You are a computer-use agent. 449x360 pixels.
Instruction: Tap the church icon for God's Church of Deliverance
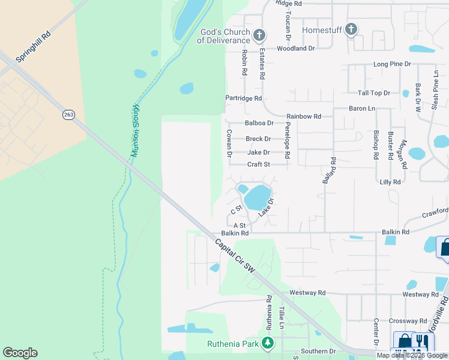(259, 35)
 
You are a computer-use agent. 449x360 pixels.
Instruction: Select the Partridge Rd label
(244, 98)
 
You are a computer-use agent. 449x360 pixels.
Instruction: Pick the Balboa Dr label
(259, 123)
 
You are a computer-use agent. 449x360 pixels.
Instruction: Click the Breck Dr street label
(258, 139)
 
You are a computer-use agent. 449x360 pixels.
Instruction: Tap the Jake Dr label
(259, 152)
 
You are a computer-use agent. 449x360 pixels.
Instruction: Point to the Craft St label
(259, 164)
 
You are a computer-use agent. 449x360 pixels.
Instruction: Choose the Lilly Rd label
(390, 181)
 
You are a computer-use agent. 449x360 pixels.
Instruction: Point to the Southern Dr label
(319, 351)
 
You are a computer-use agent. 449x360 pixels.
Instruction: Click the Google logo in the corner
(20, 353)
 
